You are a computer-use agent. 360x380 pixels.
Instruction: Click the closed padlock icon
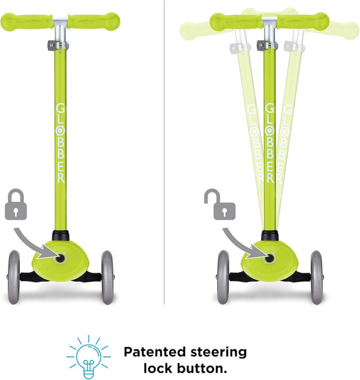pos(17,204)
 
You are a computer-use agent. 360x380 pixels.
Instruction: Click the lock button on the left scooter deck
pos(60,257)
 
